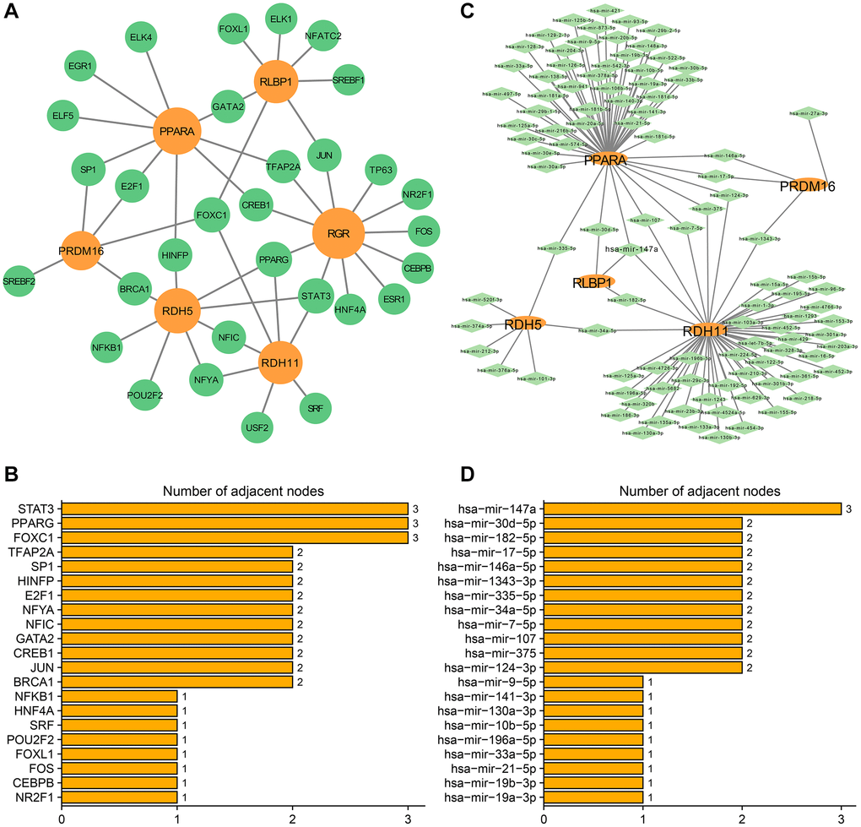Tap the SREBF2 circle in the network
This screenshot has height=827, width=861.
point(19,280)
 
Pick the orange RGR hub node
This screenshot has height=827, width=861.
point(337,233)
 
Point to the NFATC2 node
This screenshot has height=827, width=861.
point(322,36)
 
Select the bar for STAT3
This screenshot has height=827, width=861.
point(235,509)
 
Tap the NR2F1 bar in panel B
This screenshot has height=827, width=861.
point(119,796)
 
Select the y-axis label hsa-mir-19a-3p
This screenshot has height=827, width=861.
point(495,796)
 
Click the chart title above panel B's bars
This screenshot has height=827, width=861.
point(235,489)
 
